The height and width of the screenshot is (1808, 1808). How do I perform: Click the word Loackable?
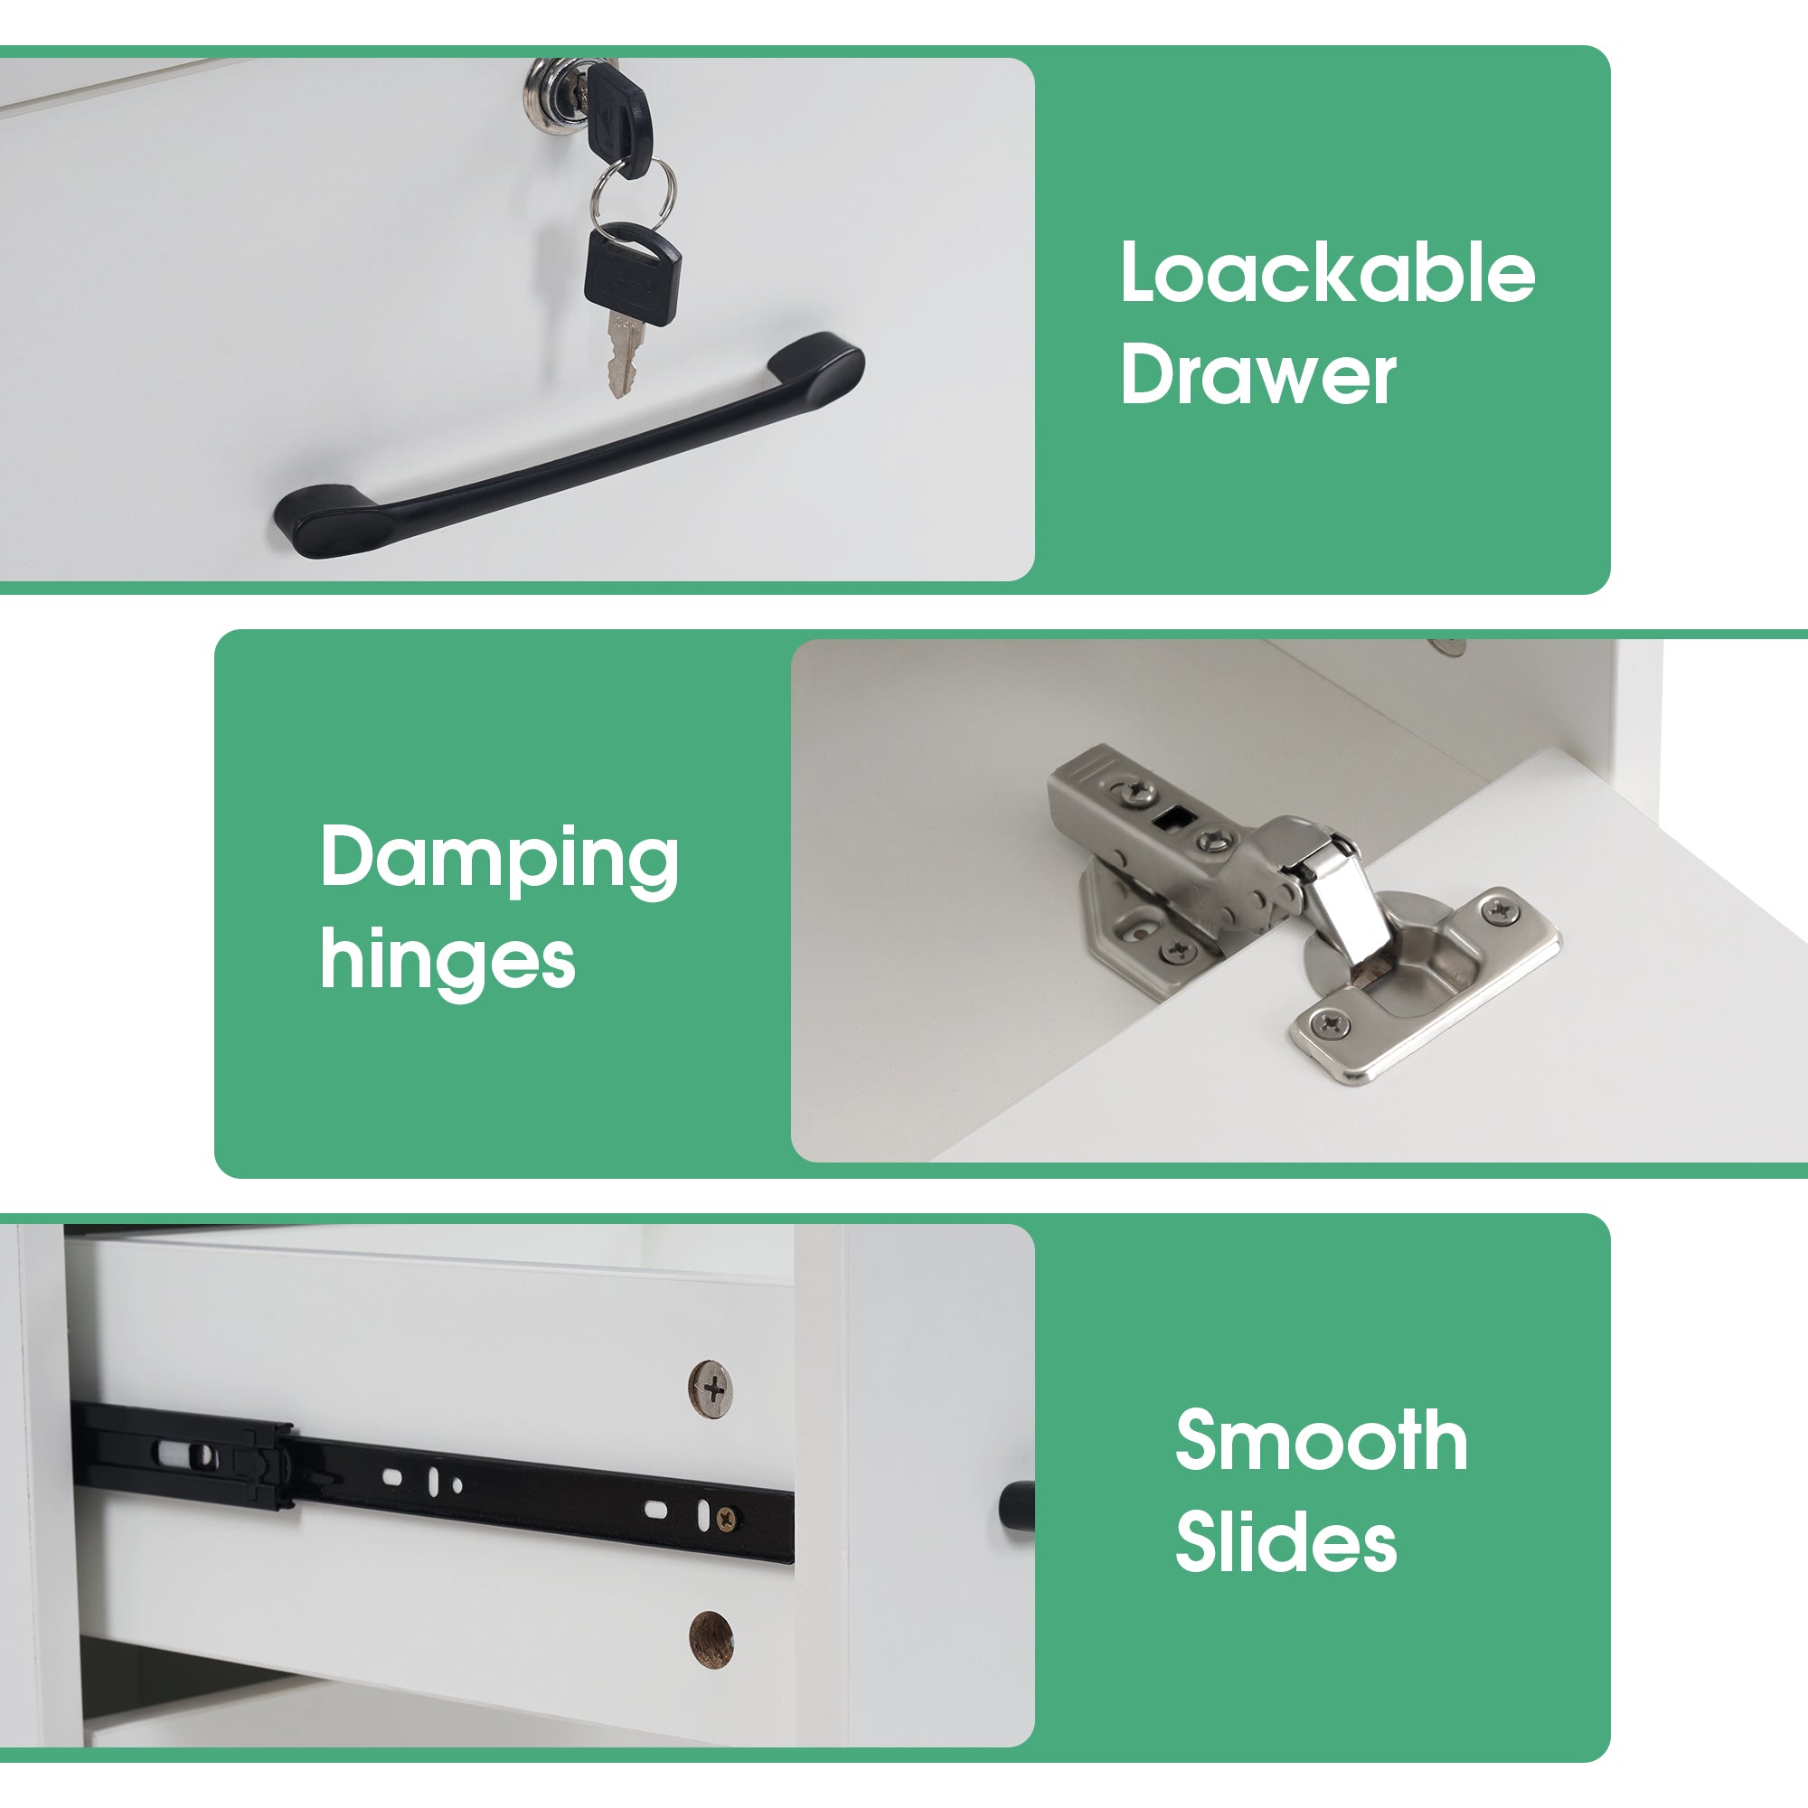pos(1327,272)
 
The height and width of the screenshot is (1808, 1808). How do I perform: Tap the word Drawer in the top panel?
pos(1257,373)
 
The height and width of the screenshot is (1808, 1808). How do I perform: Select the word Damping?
pos(499,860)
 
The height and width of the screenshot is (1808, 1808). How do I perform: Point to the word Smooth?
pos(1321,1440)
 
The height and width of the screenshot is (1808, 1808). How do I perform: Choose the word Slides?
pos(1285,1541)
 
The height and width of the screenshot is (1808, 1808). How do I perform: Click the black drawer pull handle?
pos(569,447)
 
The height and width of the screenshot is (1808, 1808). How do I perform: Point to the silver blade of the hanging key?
pos(623,354)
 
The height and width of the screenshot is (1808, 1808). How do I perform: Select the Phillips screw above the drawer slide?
pos(711,1389)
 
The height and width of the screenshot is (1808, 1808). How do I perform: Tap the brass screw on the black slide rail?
pos(725,1518)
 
